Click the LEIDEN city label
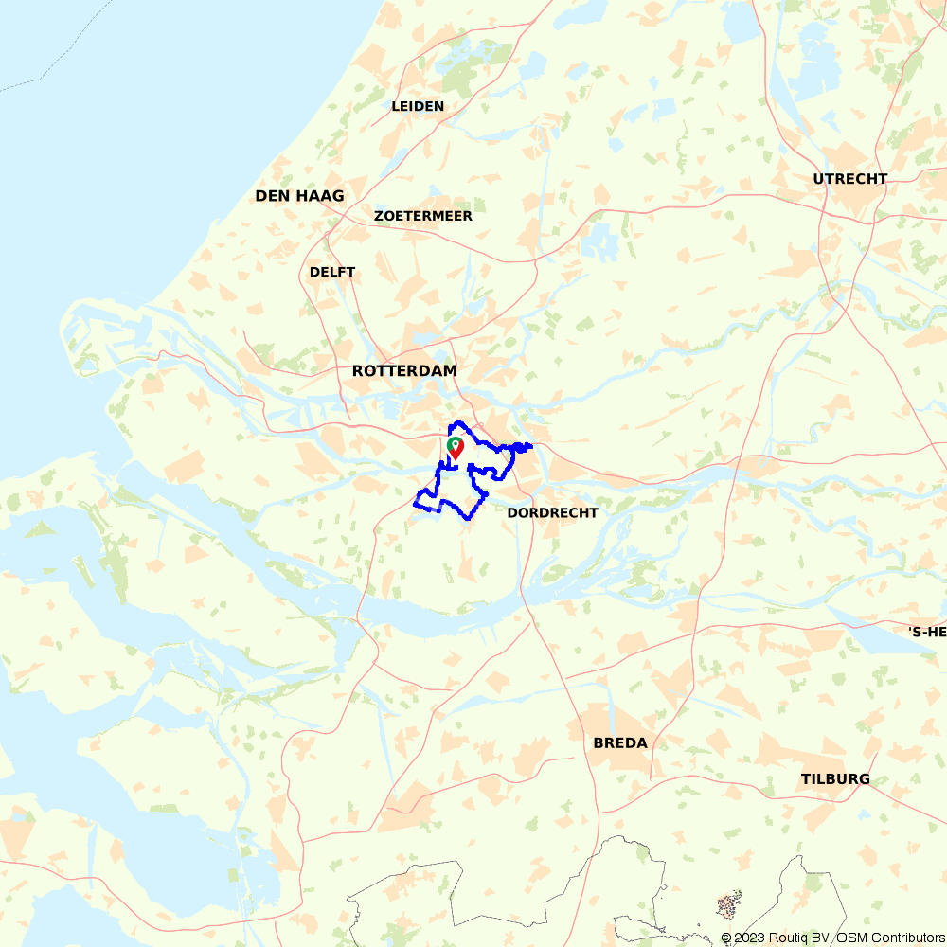point(418,106)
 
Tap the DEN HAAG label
point(299,196)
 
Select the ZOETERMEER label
point(423,216)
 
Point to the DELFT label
point(332,272)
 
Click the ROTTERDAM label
point(404,371)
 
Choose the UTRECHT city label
point(850,179)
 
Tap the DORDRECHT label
point(553,512)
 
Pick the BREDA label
point(620,743)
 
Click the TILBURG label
point(835,779)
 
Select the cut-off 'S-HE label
point(927,632)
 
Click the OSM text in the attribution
point(849,938)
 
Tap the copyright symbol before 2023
point(726,938)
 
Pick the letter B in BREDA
point(599,743)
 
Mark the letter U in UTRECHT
point(818,179)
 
